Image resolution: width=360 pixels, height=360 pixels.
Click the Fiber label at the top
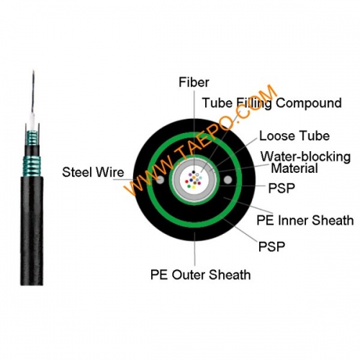[194, 82]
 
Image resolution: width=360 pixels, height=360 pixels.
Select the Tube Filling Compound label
[271, 103]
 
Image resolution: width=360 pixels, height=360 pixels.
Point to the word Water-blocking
[305, 156]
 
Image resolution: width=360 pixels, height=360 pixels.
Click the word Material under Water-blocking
[294, 169]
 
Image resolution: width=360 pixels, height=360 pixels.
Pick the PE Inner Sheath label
[305, 220]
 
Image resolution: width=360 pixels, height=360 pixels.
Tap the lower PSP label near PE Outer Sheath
[271, 247]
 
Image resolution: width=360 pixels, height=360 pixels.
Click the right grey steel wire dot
[229, 179]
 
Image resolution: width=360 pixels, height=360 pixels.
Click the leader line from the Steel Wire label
[140, 174]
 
